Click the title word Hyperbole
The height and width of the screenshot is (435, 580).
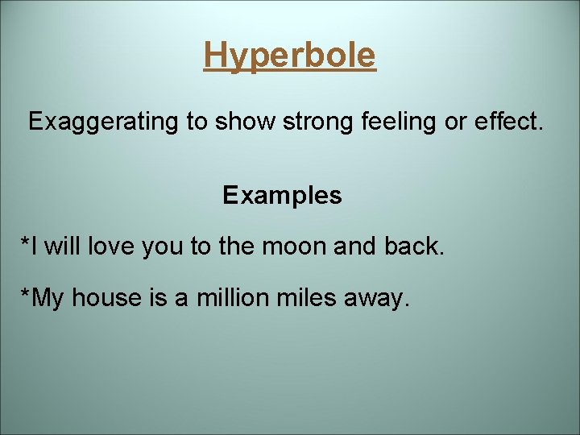[x=289, y=56]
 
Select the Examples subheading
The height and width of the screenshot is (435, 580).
[x=282, y=195]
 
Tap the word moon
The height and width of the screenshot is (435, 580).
[x=293, y=246]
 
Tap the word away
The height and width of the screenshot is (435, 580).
[x=380, y=299]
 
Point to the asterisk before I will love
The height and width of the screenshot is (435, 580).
[x=25, y=241]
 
